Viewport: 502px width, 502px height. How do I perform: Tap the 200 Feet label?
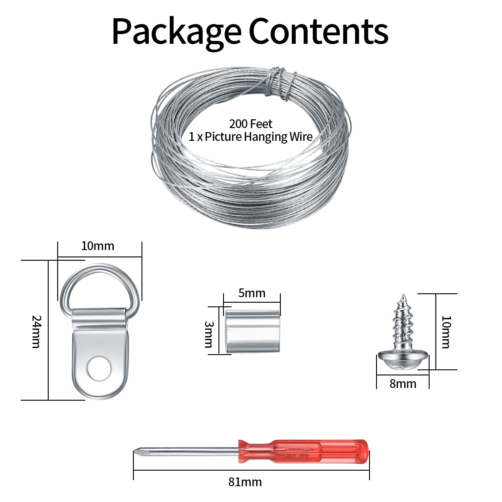click(x=251, y=124)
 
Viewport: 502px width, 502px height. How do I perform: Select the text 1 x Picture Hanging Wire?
click(x=251, y=137)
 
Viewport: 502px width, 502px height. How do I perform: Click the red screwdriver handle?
click(x=303, y=451)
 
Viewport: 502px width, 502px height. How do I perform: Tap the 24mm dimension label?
click(x=36, y=332)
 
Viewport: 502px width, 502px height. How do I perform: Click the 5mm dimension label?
click(x=252, y=293)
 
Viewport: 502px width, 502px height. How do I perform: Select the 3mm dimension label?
click(x=209, y=334)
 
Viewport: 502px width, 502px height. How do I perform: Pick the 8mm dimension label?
click(x=403, y=384)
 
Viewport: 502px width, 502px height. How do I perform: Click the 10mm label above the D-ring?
click(x=98, y=246)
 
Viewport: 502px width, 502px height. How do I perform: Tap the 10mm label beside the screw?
click(x=446, y=332)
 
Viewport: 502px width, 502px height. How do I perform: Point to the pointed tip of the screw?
click(x=404, y=295)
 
